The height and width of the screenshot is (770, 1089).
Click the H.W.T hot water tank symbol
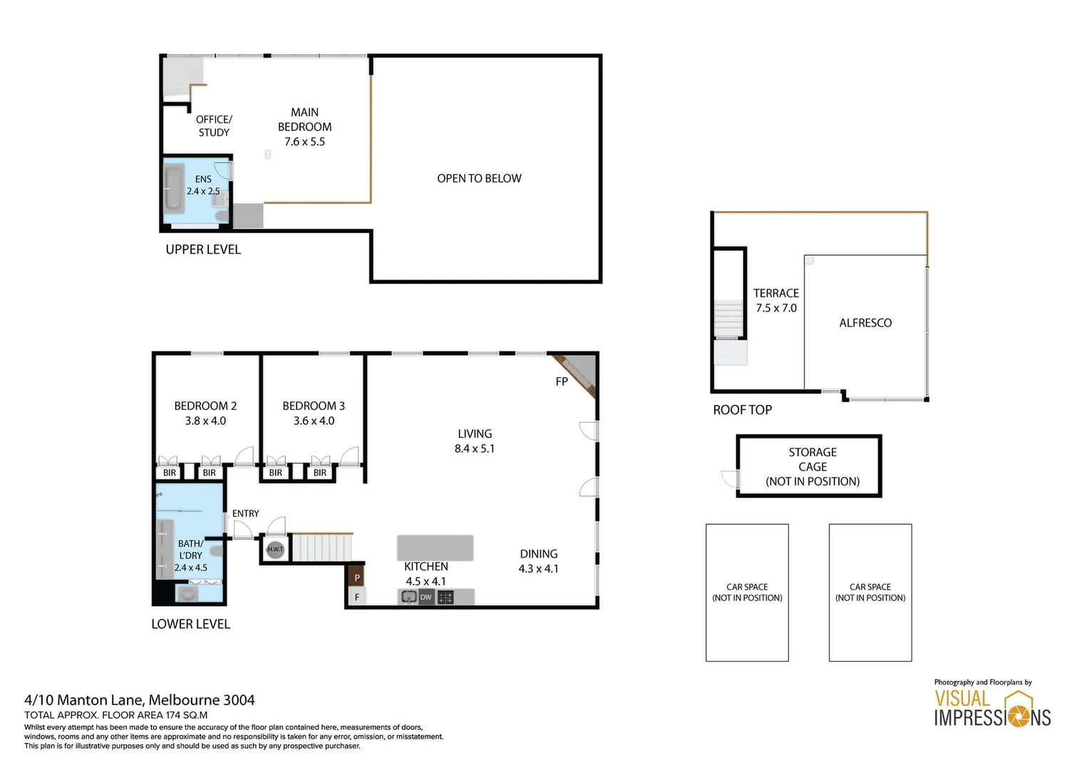pyautogui.click(x=275, y=549)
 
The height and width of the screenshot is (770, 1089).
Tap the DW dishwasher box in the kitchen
pyautogui.click(x=425, y=597)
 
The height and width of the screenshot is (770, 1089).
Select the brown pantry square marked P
pyautogui.click(x=356, y=577)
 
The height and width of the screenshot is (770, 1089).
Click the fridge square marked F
pyautogui.click(x=356, y=597)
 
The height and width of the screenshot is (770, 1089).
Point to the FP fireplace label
pyautogui.click(x=562, y=381)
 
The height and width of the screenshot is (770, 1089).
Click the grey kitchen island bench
pyautogui.click(x=435, y=547)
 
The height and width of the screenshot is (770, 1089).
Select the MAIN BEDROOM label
pyautogui.click(x=304, y=120)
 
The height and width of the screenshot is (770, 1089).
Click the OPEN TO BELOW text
pyautogui.click(x=479, y=178)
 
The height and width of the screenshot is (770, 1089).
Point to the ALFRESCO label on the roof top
pyautogui.click(x=865, y=323)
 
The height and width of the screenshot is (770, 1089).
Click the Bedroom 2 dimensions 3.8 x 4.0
pyautogui.click(x=205, y=421)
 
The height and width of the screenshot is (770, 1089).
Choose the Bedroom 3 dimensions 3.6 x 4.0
pyautogui.click(x=314, y=421)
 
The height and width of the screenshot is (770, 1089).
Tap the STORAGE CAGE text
pyautogui.click(x=812, y=460)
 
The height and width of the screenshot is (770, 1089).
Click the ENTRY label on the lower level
pyautogui.click(x=245, y=513)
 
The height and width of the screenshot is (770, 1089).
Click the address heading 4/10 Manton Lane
pyautogui.click(x=139, y=700)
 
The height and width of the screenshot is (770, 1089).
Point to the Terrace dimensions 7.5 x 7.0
pyautogui.click(x=776, y=308)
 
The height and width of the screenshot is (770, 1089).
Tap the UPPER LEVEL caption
pyautogui.click(x=203, y=250)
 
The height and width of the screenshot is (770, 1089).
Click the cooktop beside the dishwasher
pyautogui.click(x=445, y=597)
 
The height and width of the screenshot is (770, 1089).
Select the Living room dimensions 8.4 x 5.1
pyautogui.click(x=475, y=448)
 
